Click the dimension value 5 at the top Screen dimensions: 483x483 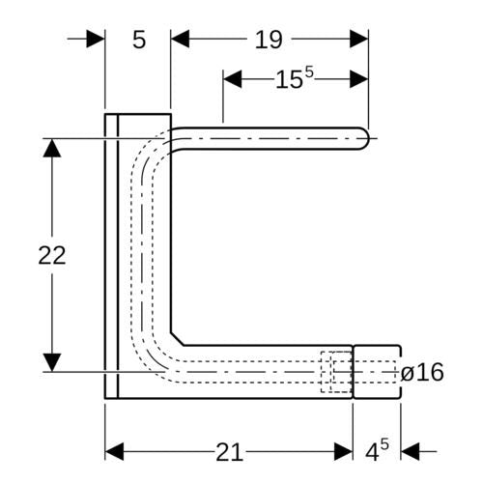(x=139, y=40)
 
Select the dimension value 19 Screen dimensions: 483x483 (x=269, y=40)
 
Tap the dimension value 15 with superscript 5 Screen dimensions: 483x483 (x=295, y=78)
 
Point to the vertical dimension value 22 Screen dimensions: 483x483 (x=52, y=255)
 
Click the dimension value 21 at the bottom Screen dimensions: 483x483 (x=229, y=452)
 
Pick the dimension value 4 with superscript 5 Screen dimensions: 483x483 (x=377, y=450)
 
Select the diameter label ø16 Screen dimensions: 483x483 (x=422, y=372)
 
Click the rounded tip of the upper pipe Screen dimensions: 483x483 (x=365, y=139)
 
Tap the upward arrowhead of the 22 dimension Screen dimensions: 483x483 (x=52, y=148)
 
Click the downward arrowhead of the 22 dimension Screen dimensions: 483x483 (x=52, y=362)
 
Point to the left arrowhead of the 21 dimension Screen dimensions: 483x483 (x=114, y=451)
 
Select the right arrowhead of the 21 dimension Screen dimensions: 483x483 (x=344, y=451)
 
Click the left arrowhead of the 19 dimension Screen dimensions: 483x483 (x=180, y=39)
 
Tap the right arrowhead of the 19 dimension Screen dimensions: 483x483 (x=359, y=39)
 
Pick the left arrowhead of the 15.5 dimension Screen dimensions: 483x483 (x=233, y=79)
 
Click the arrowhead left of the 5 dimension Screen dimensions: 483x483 (x=96, y=39)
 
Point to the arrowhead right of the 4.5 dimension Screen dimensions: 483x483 (x=411, y=451)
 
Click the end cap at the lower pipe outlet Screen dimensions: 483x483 (x=377, y=372)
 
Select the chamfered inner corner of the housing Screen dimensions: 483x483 (x=177, y=339)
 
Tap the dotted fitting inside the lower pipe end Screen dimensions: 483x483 (x=336, y=372)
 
